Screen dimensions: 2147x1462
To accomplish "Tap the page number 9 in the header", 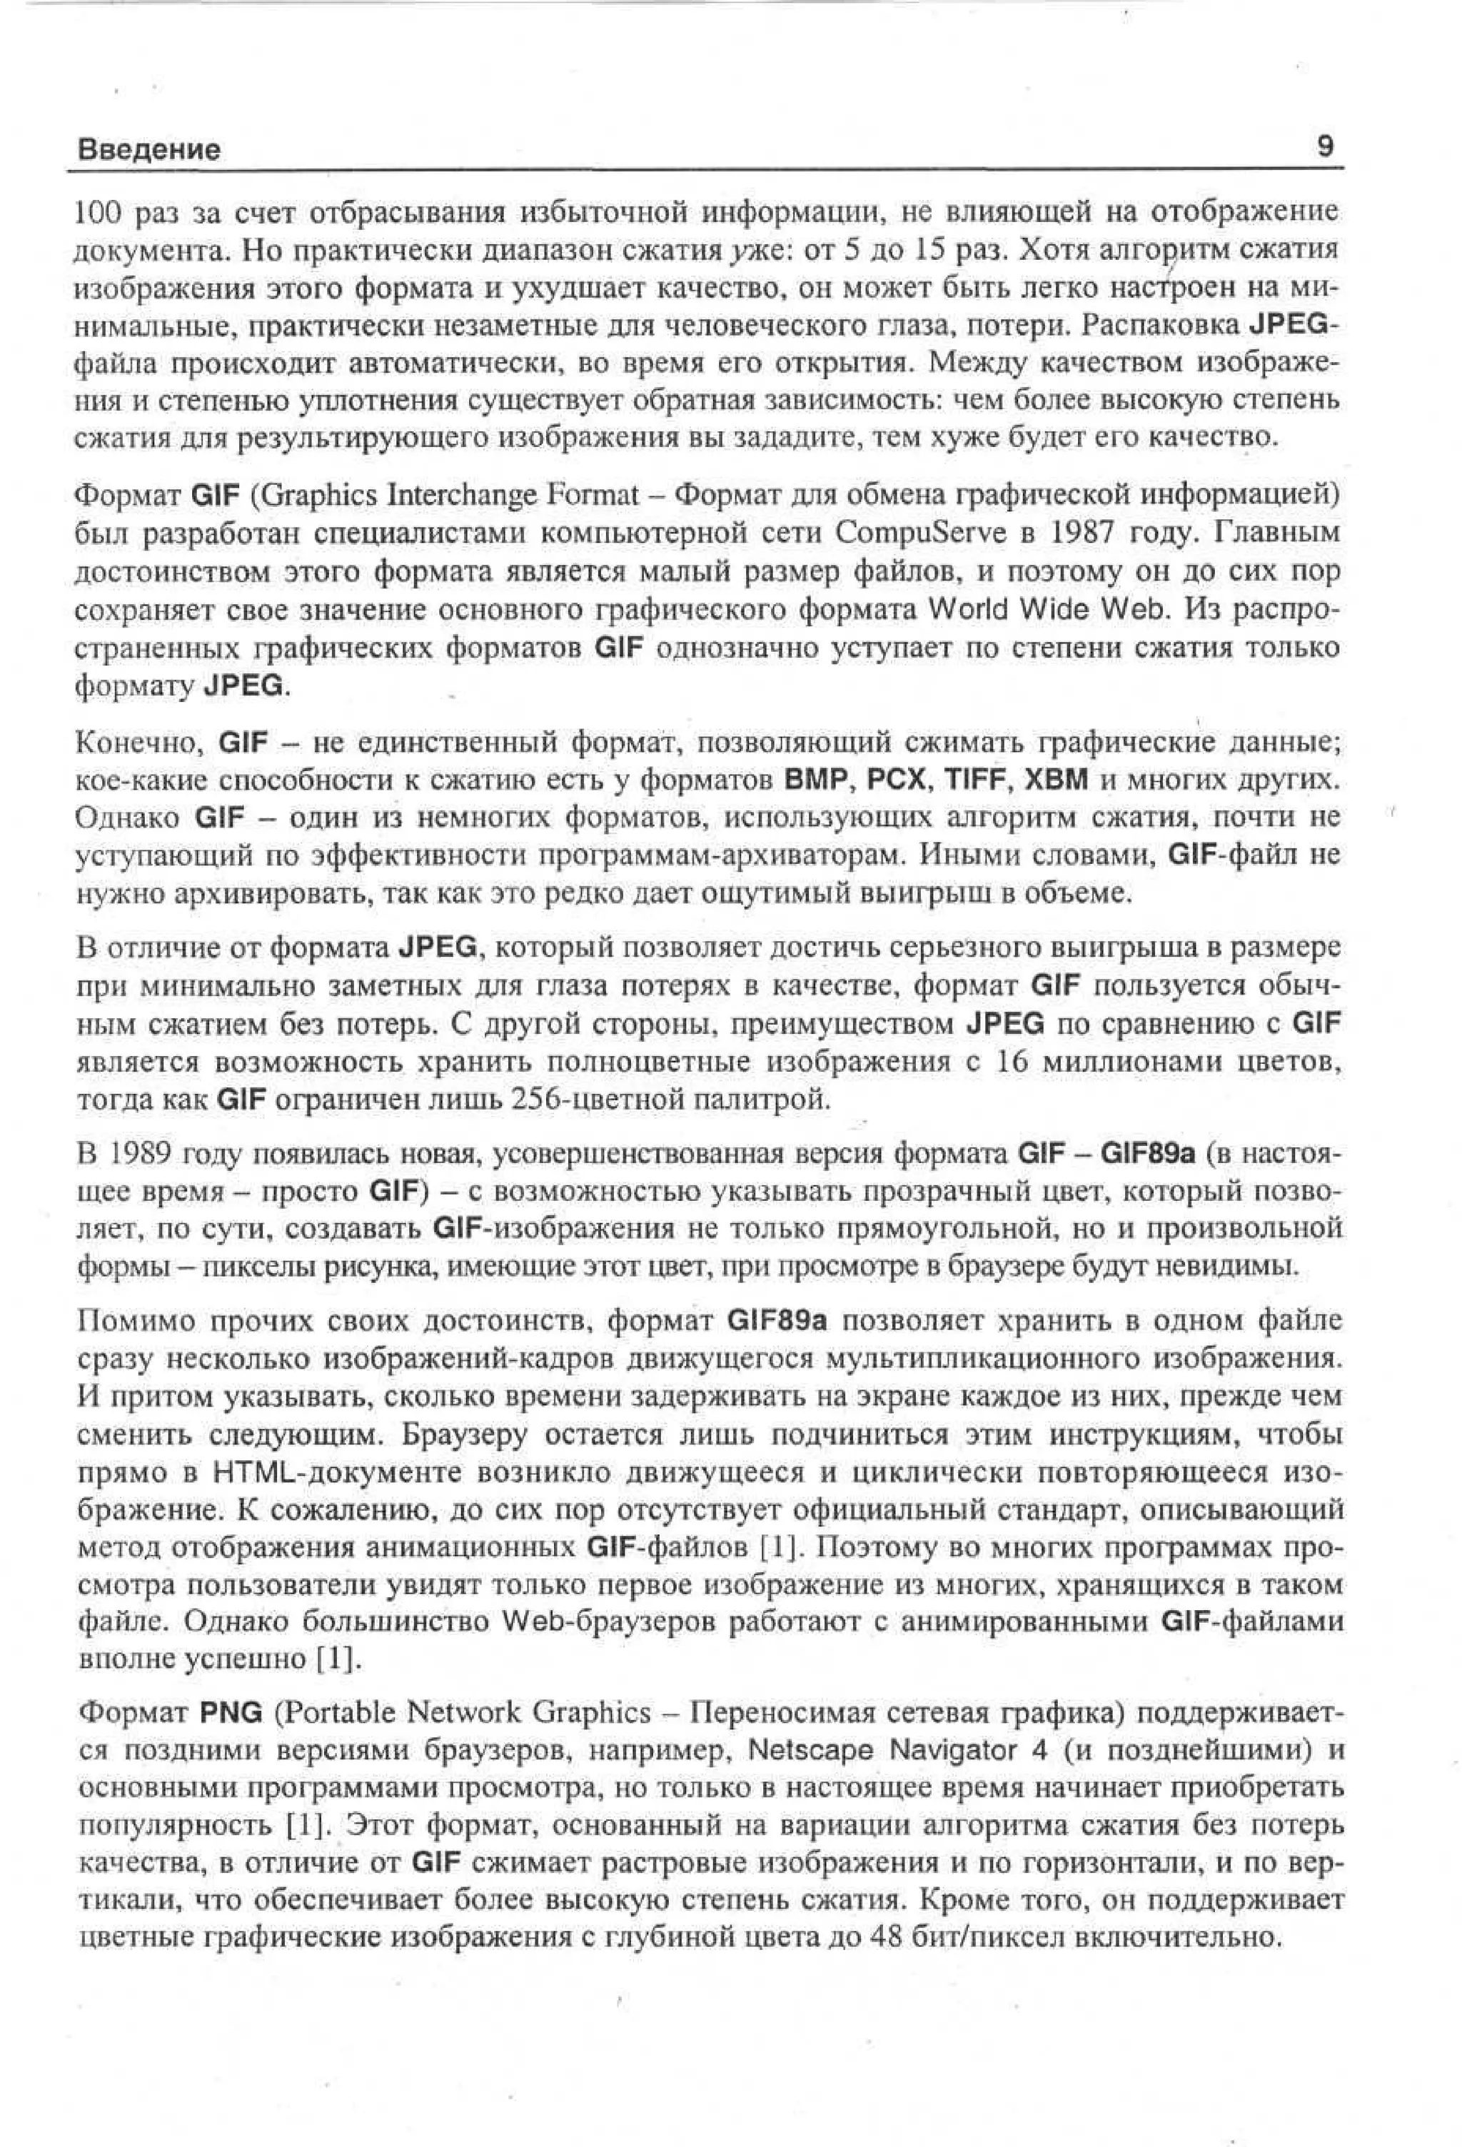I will (1324, 146).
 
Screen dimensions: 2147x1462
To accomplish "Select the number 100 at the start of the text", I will (94, 213).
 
